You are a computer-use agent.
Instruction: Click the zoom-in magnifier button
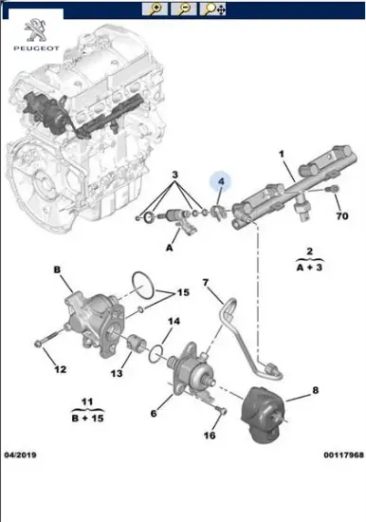(155, 9)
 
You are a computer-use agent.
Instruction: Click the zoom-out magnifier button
(184, 9)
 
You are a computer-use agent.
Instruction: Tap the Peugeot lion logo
(36, 30)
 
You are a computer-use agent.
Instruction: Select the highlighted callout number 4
(221, 182)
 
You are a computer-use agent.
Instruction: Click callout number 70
(342, 216)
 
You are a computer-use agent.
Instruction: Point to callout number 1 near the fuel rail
(282, 154)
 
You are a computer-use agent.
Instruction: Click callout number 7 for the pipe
(206, 283)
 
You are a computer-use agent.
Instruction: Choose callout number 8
(316, 390)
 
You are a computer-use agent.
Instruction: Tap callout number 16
(210, 435)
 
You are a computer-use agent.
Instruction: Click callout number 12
(61, 369)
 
